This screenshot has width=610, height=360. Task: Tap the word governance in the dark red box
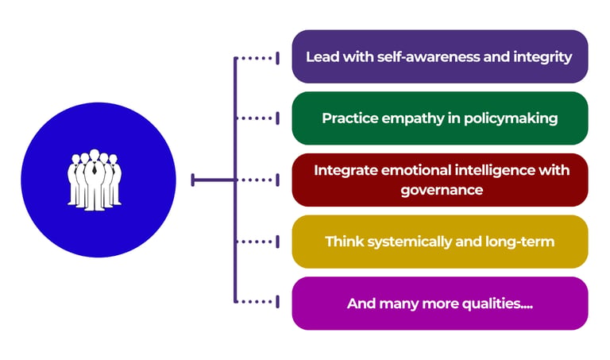[x=442, y=190]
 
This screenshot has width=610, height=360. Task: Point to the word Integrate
[x=346, y=171]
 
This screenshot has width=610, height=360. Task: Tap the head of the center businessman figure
[x=95, y=154]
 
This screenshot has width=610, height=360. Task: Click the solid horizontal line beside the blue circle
[x=213, y=180]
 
